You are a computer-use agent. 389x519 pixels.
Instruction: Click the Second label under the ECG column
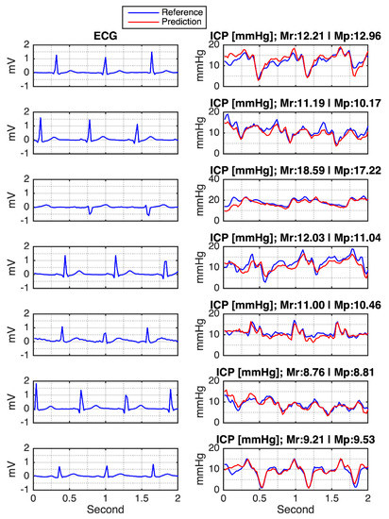105,511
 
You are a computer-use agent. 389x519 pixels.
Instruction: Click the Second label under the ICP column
296,511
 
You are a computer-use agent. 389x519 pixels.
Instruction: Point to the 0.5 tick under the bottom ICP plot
260,497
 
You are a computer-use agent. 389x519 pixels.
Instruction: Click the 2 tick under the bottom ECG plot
178,497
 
